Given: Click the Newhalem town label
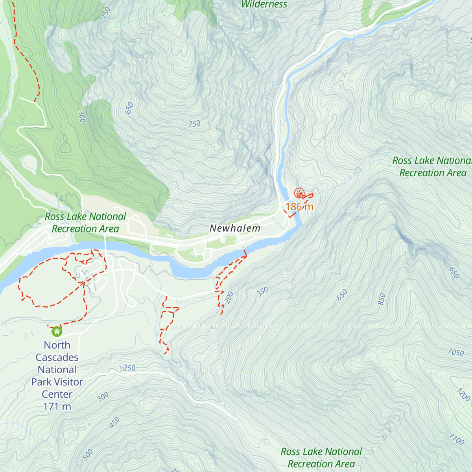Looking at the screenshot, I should (235, 228).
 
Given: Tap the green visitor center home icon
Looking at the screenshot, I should (57, 332).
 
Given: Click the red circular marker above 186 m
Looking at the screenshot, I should (299, 193).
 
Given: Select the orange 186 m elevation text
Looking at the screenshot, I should (299, 206).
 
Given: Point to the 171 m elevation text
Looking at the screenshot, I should (57, 406).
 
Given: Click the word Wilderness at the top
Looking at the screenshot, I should (264, 5).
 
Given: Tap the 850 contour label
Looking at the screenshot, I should (382, 299).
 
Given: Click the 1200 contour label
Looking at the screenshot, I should (463, 395).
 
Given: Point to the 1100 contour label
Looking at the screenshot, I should (456, 439).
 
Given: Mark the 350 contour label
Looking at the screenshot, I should (262, 291).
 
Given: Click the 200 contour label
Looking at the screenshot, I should (230, 298).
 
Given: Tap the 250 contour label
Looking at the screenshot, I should (129, 369).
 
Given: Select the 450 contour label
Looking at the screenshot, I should (114, 423).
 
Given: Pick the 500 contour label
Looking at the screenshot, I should (88, 454).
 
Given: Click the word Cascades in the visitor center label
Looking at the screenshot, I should (57, 358).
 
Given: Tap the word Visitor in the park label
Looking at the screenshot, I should (68, 382).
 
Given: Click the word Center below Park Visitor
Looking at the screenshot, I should (57, 394).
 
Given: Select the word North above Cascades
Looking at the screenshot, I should (57, 345).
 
